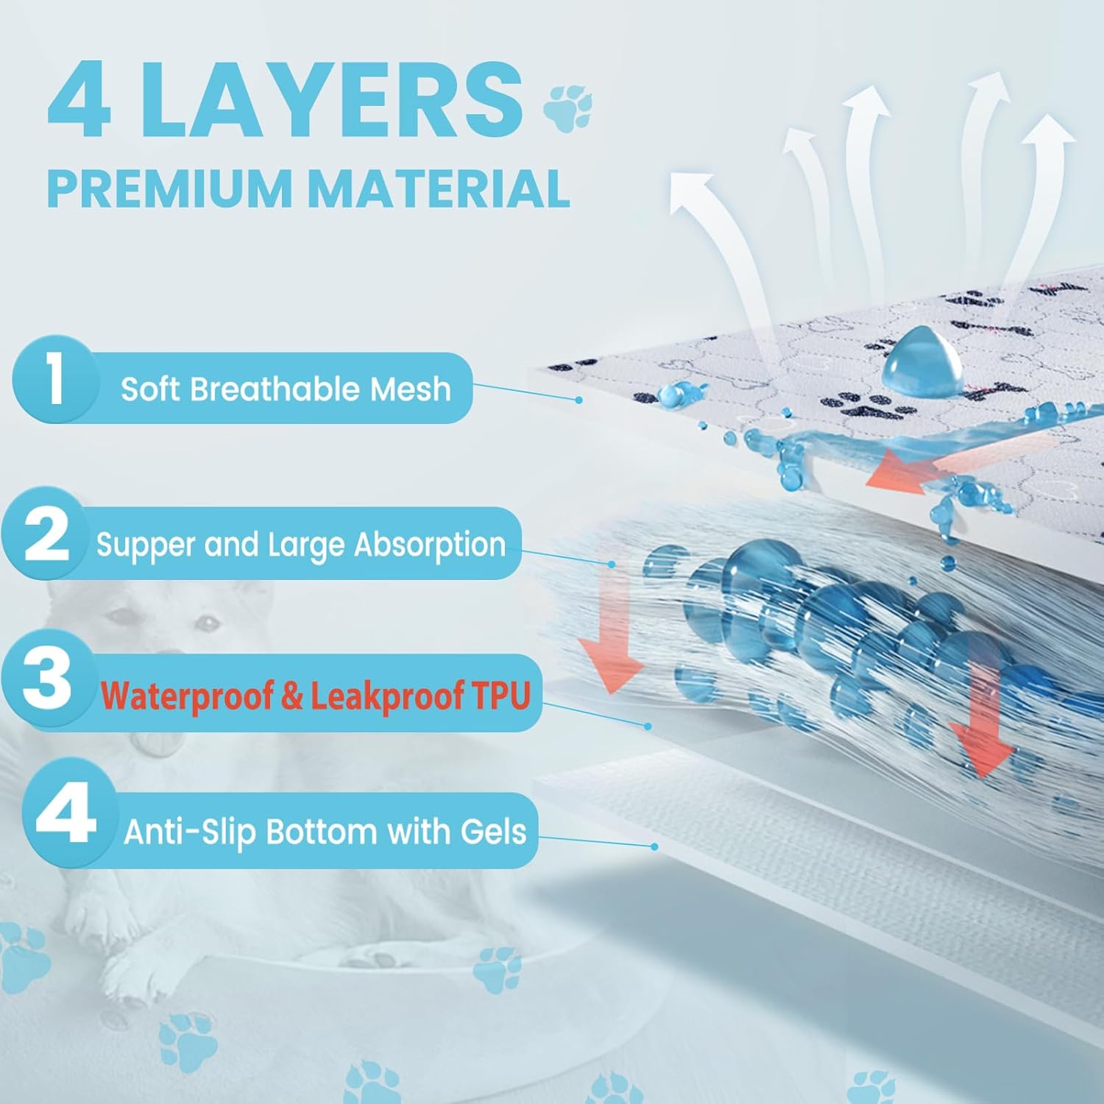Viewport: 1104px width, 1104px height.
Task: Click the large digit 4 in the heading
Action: tap(79, 100)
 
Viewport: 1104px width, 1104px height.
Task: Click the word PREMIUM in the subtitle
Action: tap(170, 188)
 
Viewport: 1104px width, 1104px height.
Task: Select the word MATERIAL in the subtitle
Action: tap(439, 188)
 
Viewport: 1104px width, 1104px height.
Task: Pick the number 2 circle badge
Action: tap(46, 534)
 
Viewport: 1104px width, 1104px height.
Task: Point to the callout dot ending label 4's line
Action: tap(654, 846)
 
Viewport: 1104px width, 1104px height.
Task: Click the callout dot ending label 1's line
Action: tap(579, 400)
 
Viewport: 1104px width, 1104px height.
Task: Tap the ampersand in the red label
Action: tap(291, 695)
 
